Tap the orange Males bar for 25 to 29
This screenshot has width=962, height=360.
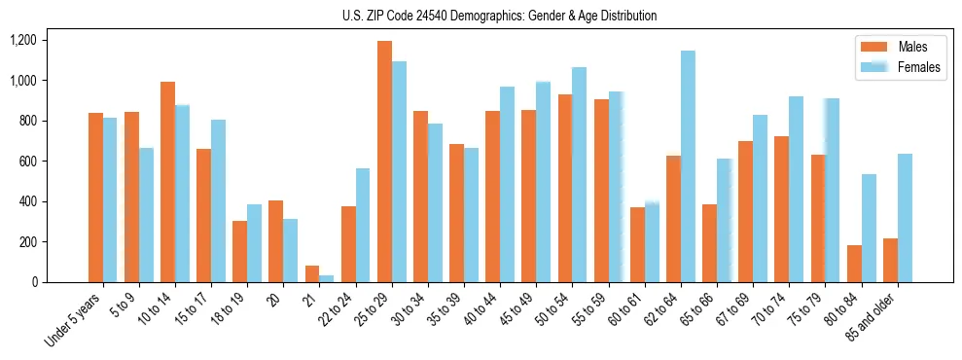(x=384, y=162)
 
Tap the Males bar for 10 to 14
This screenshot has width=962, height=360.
(x=167, y=182)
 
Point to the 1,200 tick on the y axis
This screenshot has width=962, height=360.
(x=22, y=40)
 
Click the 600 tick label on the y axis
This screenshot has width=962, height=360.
(x=26, y=162)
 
